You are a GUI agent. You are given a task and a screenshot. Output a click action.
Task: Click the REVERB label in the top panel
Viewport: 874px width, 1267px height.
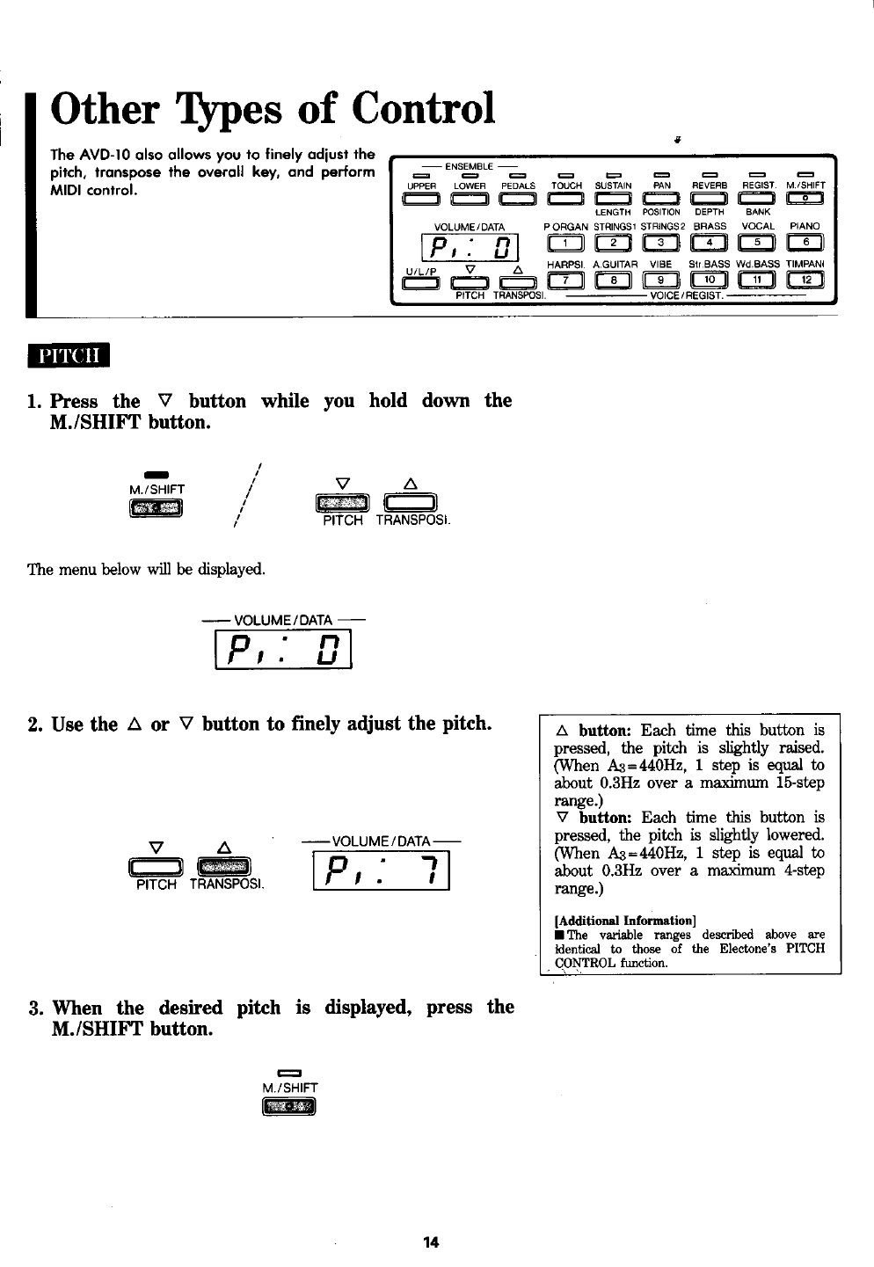pyautogui.click(x=709, y=186)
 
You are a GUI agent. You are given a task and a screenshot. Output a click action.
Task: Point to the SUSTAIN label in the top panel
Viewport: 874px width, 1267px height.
pyautogui.click(x=614, y=186)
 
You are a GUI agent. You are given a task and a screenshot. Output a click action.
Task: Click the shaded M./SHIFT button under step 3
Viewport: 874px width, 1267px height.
pyautogui.click(x=288, y=1105)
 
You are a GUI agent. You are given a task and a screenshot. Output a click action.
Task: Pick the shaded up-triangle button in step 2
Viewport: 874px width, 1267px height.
pyautogui.click(x=224, y=866)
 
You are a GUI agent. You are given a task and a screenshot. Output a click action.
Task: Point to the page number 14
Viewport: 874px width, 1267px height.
pyautogui.click(x=431, y=1242)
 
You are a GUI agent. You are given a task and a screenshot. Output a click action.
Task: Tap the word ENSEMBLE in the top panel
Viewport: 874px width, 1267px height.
pyautogui.click(x=467, y=167)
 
